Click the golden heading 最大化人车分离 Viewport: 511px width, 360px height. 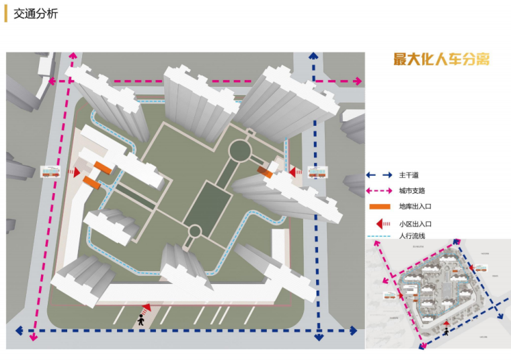coord(442,59)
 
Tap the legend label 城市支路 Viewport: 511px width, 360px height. coord(411,191)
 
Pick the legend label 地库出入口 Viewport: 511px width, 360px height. coord(414,207)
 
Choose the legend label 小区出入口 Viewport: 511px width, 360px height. coord(414,223)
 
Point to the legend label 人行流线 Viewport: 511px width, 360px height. coord(411,236)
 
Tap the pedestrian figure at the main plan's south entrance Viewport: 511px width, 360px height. coord(141,320)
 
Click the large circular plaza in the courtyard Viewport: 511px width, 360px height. coord(239,150)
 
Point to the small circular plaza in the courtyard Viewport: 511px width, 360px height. coord(194,232)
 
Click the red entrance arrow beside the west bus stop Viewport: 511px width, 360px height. coord(76,173)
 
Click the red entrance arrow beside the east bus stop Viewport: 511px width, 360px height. coord(294,172)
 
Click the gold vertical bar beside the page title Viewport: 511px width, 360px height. coord(6,13)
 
